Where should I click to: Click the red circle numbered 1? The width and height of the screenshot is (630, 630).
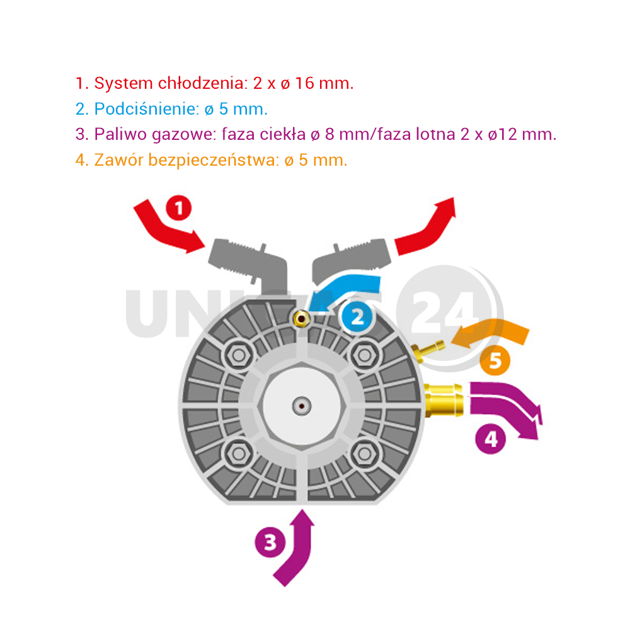point(179,208)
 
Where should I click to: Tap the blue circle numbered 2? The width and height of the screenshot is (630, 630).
point(357,318)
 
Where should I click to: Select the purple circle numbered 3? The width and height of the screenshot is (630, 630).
point(270,542)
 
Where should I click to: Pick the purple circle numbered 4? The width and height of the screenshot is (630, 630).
point(491,438)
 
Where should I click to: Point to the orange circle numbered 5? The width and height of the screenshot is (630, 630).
point(495,360)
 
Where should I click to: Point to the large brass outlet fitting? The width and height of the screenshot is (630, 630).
point(444,400)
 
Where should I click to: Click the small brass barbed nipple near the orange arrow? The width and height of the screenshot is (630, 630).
point(427,350)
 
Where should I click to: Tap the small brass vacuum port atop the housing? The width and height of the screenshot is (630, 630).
point(301,319)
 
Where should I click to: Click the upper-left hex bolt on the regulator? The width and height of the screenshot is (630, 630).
point(239,355)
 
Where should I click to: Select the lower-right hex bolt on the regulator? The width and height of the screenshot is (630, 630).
point(364,454)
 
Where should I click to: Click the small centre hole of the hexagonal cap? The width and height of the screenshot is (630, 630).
point(301,406)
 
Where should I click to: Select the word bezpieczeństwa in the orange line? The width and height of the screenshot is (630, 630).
point(214,160)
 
